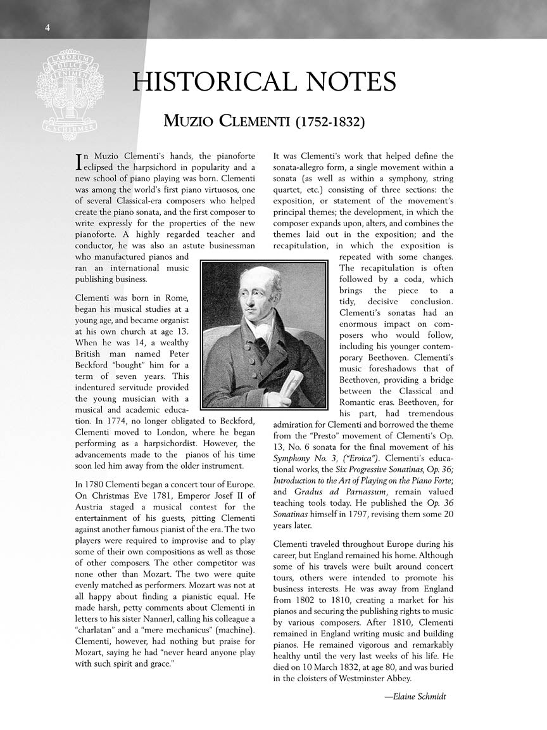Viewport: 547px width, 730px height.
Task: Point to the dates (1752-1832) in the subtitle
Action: pyautogui.click(x=330, y=120)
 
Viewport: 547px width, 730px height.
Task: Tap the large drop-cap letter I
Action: pyautogui.click(x=79, y=161)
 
